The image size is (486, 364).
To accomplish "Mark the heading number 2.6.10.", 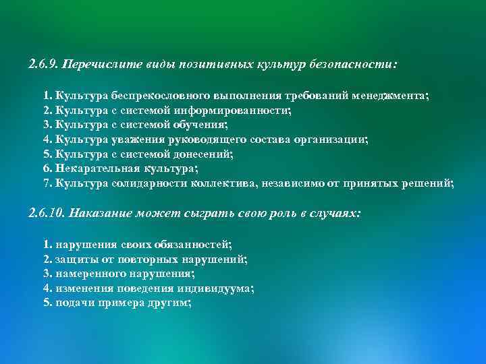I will click(x=47, y=214).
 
